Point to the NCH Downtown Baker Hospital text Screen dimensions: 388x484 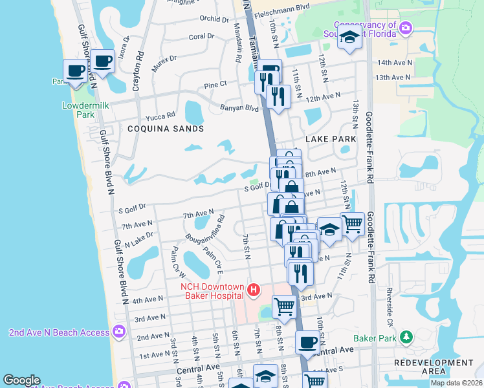click(212, 291)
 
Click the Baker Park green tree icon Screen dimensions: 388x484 click(406, 337)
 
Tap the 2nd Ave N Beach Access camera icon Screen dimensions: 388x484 click(118, 332)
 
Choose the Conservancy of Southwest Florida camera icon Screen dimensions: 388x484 click(406, 28)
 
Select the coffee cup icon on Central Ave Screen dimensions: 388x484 click(307, 342)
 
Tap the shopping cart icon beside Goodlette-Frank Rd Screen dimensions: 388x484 click(352, 224)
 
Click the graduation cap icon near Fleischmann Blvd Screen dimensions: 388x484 click(349, 38)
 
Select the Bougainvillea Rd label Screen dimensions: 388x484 click(203, 230)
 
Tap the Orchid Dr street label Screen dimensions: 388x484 click(215, 19)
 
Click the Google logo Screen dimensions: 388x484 click(22, 380)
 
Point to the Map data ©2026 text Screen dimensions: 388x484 click(456, 383)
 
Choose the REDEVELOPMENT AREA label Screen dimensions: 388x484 click(425, 367)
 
